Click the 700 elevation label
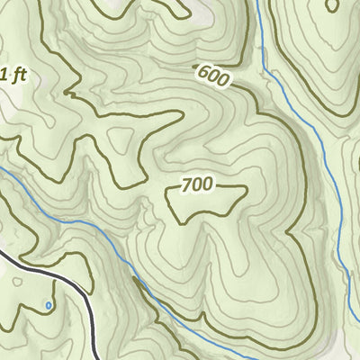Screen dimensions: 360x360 pyautogui.click(x=197, y=185)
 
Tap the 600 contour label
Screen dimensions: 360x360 pyautogui.click(x=210, y=77)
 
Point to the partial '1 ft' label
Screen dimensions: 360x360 pyautogui.click(x=13, y=76)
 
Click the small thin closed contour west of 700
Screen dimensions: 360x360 pyautogui.click(x=120, y=140)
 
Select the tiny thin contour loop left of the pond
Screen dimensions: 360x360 pyautogui.click(x=18, y=283)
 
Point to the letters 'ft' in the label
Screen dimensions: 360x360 pyautogui.click(x=18, y=76)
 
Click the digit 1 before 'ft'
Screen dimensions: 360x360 pyautogui.click(x=4, y=76)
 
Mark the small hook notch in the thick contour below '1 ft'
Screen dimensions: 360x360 pyautogui.click(x=68, y=93)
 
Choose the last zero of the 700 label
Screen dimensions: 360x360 pyautogui.click(x=208, y=185)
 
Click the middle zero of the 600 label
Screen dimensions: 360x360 pyautogui.click(x=210, y=77)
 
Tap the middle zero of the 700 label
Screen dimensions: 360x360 pyautogui.click(x=197, y=185)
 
